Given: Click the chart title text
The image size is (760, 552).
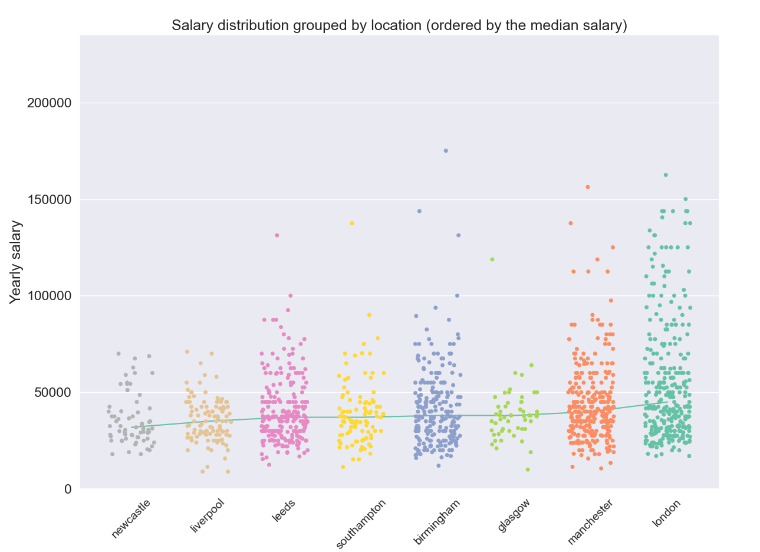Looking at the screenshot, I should (399, 25).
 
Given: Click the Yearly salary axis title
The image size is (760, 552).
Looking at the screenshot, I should (16, 262).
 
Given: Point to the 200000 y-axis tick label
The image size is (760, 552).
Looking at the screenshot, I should (50, 103).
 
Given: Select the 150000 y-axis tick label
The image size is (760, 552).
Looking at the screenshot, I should (50, 200).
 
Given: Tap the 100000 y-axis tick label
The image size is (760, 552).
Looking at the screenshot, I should (50, 296).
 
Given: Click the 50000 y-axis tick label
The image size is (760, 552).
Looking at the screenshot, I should (53, 393).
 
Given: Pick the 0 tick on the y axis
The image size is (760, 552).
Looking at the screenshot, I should (68, 489).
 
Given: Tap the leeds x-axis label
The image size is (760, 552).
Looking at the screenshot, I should (284, 510).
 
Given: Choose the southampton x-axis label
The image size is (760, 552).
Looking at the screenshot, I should (361, 523).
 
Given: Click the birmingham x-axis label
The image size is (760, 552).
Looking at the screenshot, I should (437, 521).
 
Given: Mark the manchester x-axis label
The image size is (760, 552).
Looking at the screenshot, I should (590, 521).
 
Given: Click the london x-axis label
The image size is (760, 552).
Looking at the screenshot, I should (667, 513).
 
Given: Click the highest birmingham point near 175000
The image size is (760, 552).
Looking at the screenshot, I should (446, 151).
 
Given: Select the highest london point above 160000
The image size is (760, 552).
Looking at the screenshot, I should (666, 175).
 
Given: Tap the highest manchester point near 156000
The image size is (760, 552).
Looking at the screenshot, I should (588, 187).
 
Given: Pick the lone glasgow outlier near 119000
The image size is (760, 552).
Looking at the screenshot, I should (492, 259).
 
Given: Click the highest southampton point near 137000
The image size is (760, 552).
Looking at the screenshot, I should (352, 224).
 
